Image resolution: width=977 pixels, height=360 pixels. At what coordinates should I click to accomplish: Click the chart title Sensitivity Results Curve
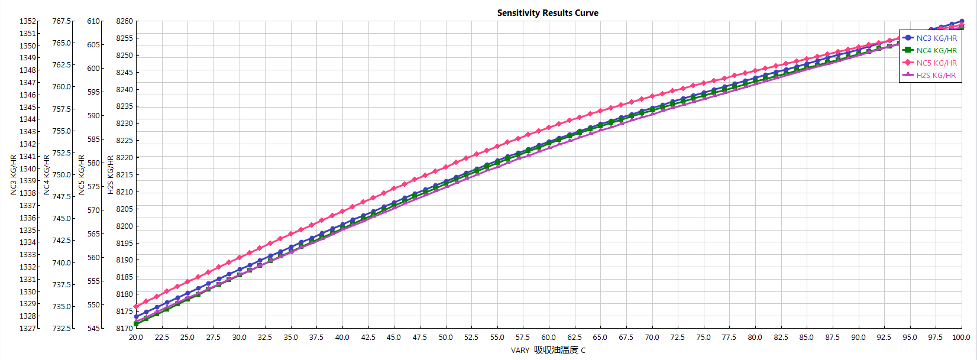tap(548, 13)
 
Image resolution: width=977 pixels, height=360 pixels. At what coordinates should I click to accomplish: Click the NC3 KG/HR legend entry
tap(936, 38)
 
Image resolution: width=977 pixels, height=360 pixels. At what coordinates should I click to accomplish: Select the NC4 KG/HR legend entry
tap(936, 50)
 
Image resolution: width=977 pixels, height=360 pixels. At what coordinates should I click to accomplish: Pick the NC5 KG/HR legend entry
tap(936, 63)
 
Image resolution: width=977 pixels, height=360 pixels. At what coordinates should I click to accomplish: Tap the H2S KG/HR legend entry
tap(936, 75)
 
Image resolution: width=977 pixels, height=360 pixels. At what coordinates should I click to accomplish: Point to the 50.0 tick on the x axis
tap(445, 338)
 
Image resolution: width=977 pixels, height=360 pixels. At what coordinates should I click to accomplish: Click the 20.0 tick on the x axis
tap(136, 338)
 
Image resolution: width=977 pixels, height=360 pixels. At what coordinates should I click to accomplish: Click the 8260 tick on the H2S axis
tap(124, 21)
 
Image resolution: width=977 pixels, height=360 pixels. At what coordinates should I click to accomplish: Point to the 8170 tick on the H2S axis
tap(124, 328)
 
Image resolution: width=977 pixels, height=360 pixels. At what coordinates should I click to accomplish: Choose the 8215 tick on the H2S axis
tap(124, 175)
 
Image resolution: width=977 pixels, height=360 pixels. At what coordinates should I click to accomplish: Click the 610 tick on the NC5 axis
tap(93, 21)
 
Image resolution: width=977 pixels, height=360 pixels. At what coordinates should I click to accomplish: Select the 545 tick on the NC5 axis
tap(93, 328)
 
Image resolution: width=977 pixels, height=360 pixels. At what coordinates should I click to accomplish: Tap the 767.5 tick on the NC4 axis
tap(62, 21)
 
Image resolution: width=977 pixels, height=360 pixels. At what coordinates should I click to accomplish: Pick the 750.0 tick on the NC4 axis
tap(62, 175)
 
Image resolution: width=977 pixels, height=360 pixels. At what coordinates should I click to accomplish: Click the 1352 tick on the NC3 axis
tap(28, 21)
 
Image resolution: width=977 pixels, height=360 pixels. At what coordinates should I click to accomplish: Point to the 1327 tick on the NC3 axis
tap(28, 328)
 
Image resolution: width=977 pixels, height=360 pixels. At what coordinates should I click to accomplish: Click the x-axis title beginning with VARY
tap(548, 350)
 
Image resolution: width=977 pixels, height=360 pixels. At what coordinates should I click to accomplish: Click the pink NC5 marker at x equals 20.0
tap(136, 307)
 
